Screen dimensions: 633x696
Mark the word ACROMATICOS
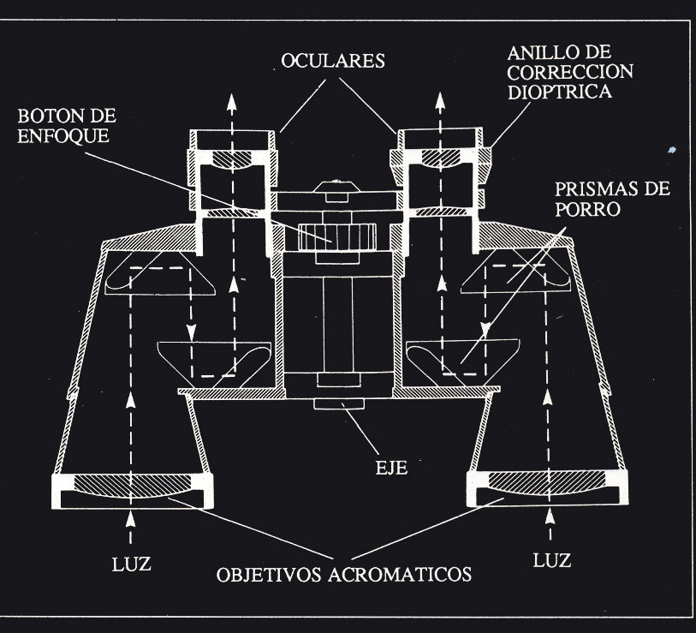click(407, 573)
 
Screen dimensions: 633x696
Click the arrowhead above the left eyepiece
click(232, 101)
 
